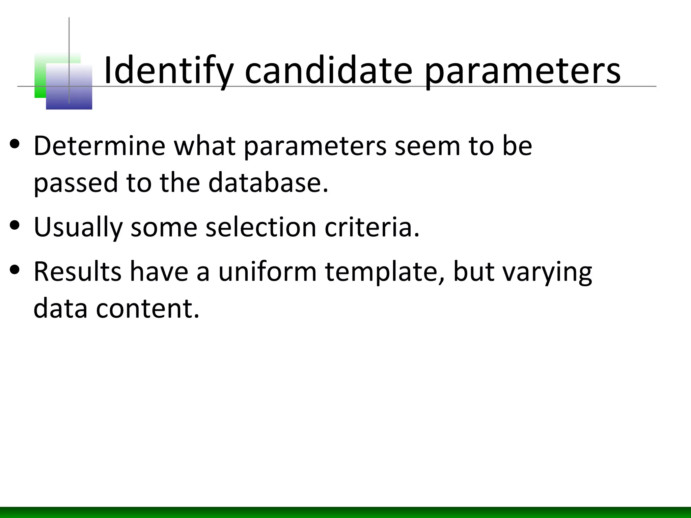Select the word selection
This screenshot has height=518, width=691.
click(261, 227)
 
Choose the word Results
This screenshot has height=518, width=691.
click(77, 271)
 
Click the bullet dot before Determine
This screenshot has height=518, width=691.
click(15, 145)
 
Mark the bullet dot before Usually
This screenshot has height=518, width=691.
click(15, 225)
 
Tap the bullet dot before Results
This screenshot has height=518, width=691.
click(15, 270)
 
